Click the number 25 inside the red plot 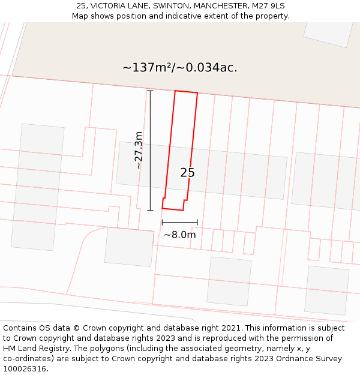[187, 173]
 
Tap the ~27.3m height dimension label [139, 150]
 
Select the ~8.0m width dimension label [179, 235]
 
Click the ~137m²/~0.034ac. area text [180, 68]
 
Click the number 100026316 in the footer [24, 369]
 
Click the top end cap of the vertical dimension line [150, 91]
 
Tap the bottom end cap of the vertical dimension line [150, 210]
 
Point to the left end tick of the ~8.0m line [162, 223]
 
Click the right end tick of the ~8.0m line [197, 223]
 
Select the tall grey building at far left [37, 187]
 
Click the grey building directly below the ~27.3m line [129, 247]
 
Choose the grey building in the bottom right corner [326, 290]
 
